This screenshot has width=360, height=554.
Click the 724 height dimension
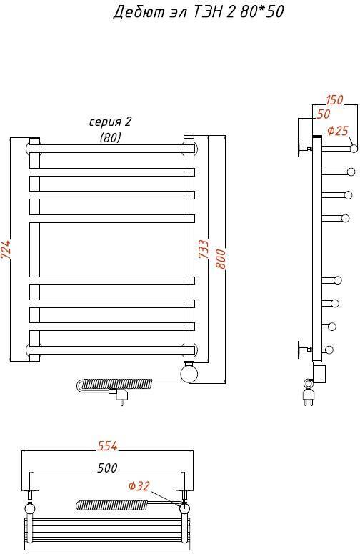point(7,249)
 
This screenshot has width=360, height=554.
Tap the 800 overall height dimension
point(220,259)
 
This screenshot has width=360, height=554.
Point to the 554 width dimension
point(107,446)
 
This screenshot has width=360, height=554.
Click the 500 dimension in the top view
point(107,468)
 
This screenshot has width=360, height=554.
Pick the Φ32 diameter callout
point(139,486)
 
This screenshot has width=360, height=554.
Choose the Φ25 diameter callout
point(338,131)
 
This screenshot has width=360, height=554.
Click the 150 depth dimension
point(334,99)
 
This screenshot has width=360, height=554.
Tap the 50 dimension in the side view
point(324,114)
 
